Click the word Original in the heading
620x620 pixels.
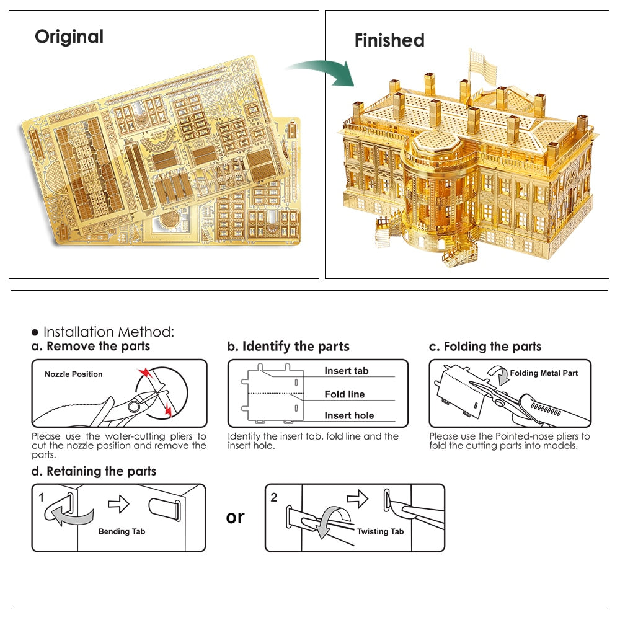coord(69,37)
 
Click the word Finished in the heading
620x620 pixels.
coord(389,40)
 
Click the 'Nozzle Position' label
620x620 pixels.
coord(74,374)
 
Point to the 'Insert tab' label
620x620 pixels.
coord(347,371)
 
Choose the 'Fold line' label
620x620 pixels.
coord(345,394)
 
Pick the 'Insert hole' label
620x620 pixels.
coord(349,415)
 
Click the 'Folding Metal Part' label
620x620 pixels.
coord(544,373)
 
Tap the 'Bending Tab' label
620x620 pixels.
coord(123,531)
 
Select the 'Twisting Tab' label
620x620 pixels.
coord(380,531)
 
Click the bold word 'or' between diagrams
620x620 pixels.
coord(236,517)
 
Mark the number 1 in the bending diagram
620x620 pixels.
coord(42,497)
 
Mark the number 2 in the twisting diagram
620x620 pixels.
coord(275,497)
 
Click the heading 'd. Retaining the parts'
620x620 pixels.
coord(94,471)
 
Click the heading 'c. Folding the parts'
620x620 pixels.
coord(485,347)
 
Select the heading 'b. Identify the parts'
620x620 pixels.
coord(288,347)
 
